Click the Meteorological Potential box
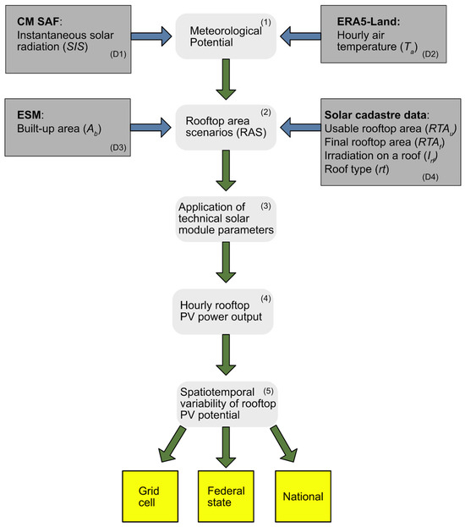coord(227,36)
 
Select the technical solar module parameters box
coord(227,218)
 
